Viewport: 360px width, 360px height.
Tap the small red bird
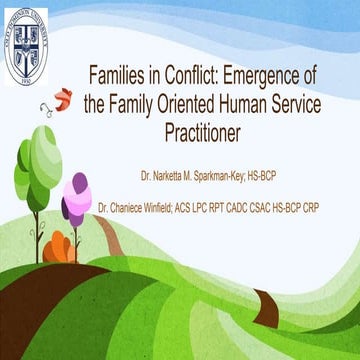pyautogui.click(x=63, y=97)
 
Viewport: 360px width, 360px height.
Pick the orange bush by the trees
pyautogui.click(x=62, y=245)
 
